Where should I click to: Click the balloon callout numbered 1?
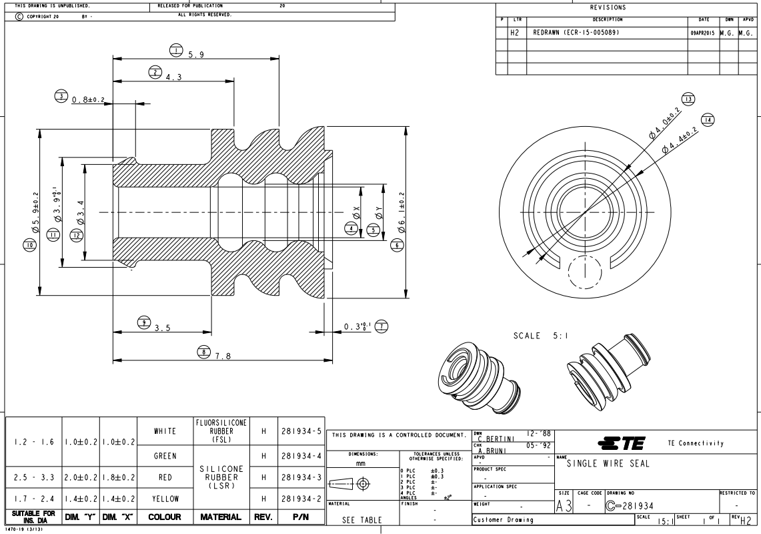click(175, 50)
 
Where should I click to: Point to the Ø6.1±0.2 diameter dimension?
click(400, 212)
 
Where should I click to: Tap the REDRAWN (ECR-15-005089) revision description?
click(578, 32)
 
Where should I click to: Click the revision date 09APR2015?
click(702, 32)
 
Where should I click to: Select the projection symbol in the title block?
click(352, 483)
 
